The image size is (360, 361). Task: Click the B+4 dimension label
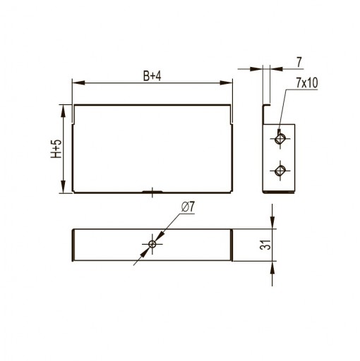pyautogui.click(x=152, y=76)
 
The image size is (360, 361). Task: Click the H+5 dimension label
pyautogui.click(x=56, y=149)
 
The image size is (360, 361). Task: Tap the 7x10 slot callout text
pyautogui.click(x=307, y=82)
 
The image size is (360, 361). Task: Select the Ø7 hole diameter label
pyautogui.click(x=188, y=207)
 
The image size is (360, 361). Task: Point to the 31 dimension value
pyautogui.click(x=265, y=245)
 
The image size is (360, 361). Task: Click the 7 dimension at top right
pyautogui.click(x=299, y=62)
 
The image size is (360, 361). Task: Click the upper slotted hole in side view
pyautogui.click(x=280, y=138)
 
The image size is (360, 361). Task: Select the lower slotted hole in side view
pyautogui.click(x=280, y=171)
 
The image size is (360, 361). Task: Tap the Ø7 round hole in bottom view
pyautogui.click(x=152, y=244)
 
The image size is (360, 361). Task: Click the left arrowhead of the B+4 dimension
pyautogui.click(x=78, y=82)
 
